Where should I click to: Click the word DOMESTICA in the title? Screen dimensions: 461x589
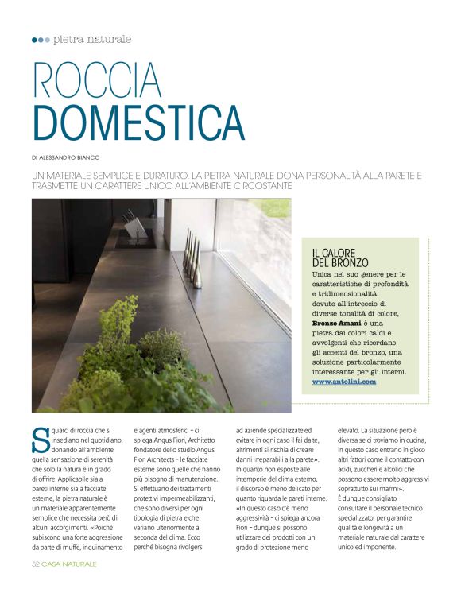138,122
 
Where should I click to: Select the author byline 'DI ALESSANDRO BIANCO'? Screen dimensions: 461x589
66,157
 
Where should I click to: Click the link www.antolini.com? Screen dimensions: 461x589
343,382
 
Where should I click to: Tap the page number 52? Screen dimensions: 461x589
36,564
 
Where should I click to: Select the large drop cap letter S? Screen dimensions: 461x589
41,438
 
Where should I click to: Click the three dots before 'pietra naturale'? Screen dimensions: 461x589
41,40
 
